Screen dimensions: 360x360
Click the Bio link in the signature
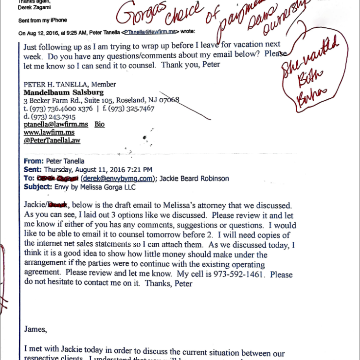point(99,125)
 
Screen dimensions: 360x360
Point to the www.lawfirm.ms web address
point(49,132)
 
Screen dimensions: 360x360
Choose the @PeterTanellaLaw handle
point(52,140)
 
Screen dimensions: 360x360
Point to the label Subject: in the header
point(37,187)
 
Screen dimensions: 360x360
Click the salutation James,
point(36,329)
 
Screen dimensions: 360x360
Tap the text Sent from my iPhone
point(43,20)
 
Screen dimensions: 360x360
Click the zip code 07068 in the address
point(170,100)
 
